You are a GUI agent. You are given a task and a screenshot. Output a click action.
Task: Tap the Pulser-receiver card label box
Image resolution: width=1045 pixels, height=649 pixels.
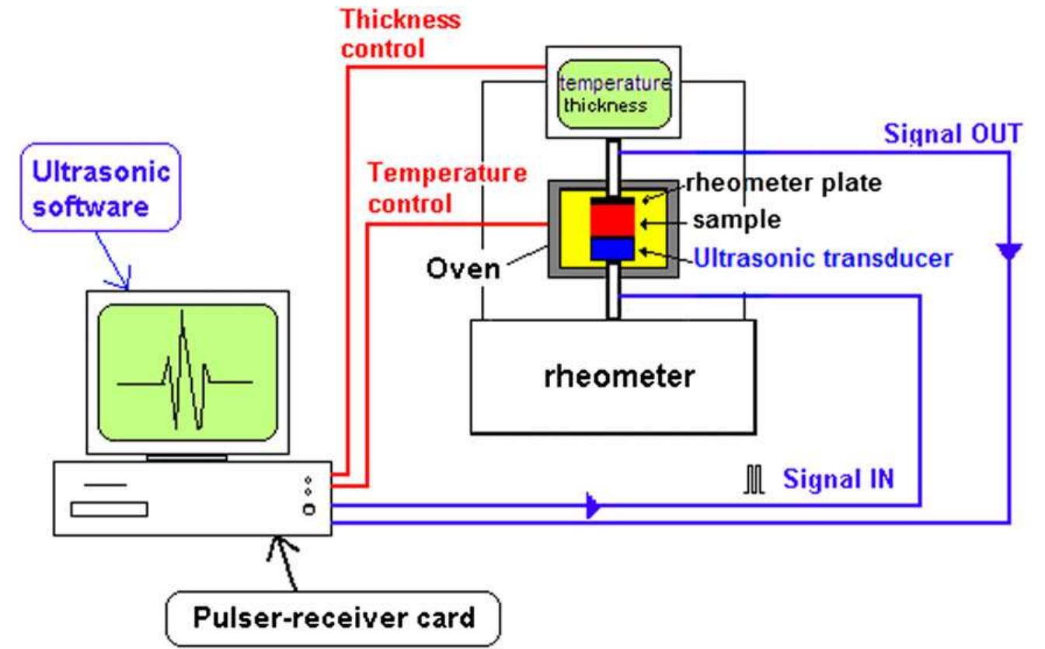tap(333, 618)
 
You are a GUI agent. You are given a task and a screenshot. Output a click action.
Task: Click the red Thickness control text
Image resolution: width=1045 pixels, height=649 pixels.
tap(401, 33)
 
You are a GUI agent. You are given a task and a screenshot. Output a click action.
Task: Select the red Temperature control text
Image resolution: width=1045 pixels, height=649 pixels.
tap(447, 187)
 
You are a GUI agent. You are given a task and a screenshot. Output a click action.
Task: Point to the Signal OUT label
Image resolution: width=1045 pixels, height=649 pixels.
tap(953, 134)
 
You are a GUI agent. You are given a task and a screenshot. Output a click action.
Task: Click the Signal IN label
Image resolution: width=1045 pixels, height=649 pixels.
tap(838, 478)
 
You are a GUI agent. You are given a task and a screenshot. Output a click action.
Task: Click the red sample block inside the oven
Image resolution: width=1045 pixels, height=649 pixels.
tap(613, 220)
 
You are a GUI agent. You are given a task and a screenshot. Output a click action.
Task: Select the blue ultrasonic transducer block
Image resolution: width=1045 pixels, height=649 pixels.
tap(613, 248)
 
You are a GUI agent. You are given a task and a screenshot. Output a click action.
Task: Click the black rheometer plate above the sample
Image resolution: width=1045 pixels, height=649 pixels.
tap(613, 200)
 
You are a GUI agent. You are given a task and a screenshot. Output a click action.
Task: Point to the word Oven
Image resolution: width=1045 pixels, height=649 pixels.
tap(463, 269)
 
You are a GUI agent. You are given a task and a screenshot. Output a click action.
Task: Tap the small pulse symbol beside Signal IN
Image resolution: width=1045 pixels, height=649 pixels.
tap(754, 480)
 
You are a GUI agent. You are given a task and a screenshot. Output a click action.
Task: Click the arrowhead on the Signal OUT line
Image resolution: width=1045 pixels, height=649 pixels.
tap(1008, 251)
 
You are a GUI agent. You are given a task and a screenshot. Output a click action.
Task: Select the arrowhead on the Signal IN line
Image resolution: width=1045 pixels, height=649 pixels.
tap(592, 507)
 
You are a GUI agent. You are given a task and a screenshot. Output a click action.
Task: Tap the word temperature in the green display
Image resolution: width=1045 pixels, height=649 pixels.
tap(614, 83)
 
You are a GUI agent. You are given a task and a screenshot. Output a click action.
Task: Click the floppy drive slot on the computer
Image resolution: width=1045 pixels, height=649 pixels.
tap(109, 509)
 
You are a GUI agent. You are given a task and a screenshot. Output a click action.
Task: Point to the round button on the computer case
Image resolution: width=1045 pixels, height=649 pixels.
tap(309, 509)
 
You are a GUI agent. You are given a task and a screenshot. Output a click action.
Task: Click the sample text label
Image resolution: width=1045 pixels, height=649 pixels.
tap(736, 220)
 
